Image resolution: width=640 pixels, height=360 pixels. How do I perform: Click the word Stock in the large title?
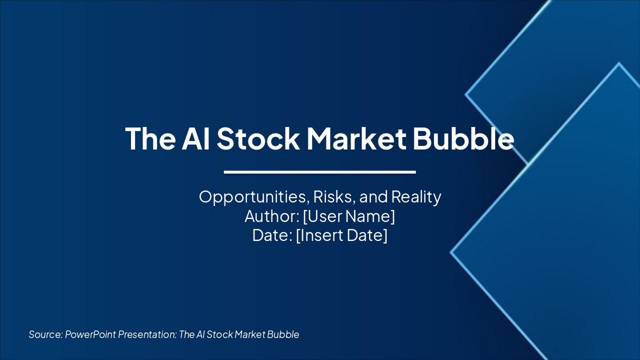click(x=258, y=138)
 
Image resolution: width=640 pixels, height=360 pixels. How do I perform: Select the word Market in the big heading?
click(x=356, y=138)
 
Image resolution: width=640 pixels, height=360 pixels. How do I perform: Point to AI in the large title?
click(x=196, y=138)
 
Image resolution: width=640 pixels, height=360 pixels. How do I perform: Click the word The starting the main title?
click(x=150, y=138)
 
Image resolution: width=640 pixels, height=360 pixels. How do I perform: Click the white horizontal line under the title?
click(x=320, y=172)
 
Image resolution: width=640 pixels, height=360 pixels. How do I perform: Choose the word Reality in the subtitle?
click(x=416, y=197)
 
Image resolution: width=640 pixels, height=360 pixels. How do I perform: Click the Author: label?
click(x=271, y=216)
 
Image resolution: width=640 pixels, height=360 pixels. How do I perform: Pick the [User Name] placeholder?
click(x=349, y=216)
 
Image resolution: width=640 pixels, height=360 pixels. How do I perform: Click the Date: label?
click(x=272, y=235)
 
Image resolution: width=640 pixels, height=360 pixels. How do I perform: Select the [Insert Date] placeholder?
click(x=341, y=235)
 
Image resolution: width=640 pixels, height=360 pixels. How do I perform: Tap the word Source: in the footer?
click(x=45, y=334)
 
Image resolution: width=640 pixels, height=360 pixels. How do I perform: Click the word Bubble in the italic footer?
click(x=283, y=334)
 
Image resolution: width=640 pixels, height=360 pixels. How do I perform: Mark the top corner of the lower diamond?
click(x=619, y=63)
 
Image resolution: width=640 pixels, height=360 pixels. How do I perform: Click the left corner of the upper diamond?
click(x=466, y=94)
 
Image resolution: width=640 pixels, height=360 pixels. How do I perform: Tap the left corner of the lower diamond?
click(x=451, y=252)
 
